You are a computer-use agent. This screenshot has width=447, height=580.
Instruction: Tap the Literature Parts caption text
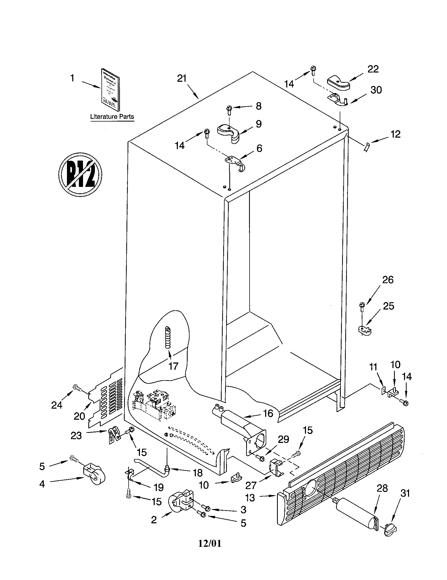click(x=112, y=117)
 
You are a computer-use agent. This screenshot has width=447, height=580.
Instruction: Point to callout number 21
click(x=182, y=79)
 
